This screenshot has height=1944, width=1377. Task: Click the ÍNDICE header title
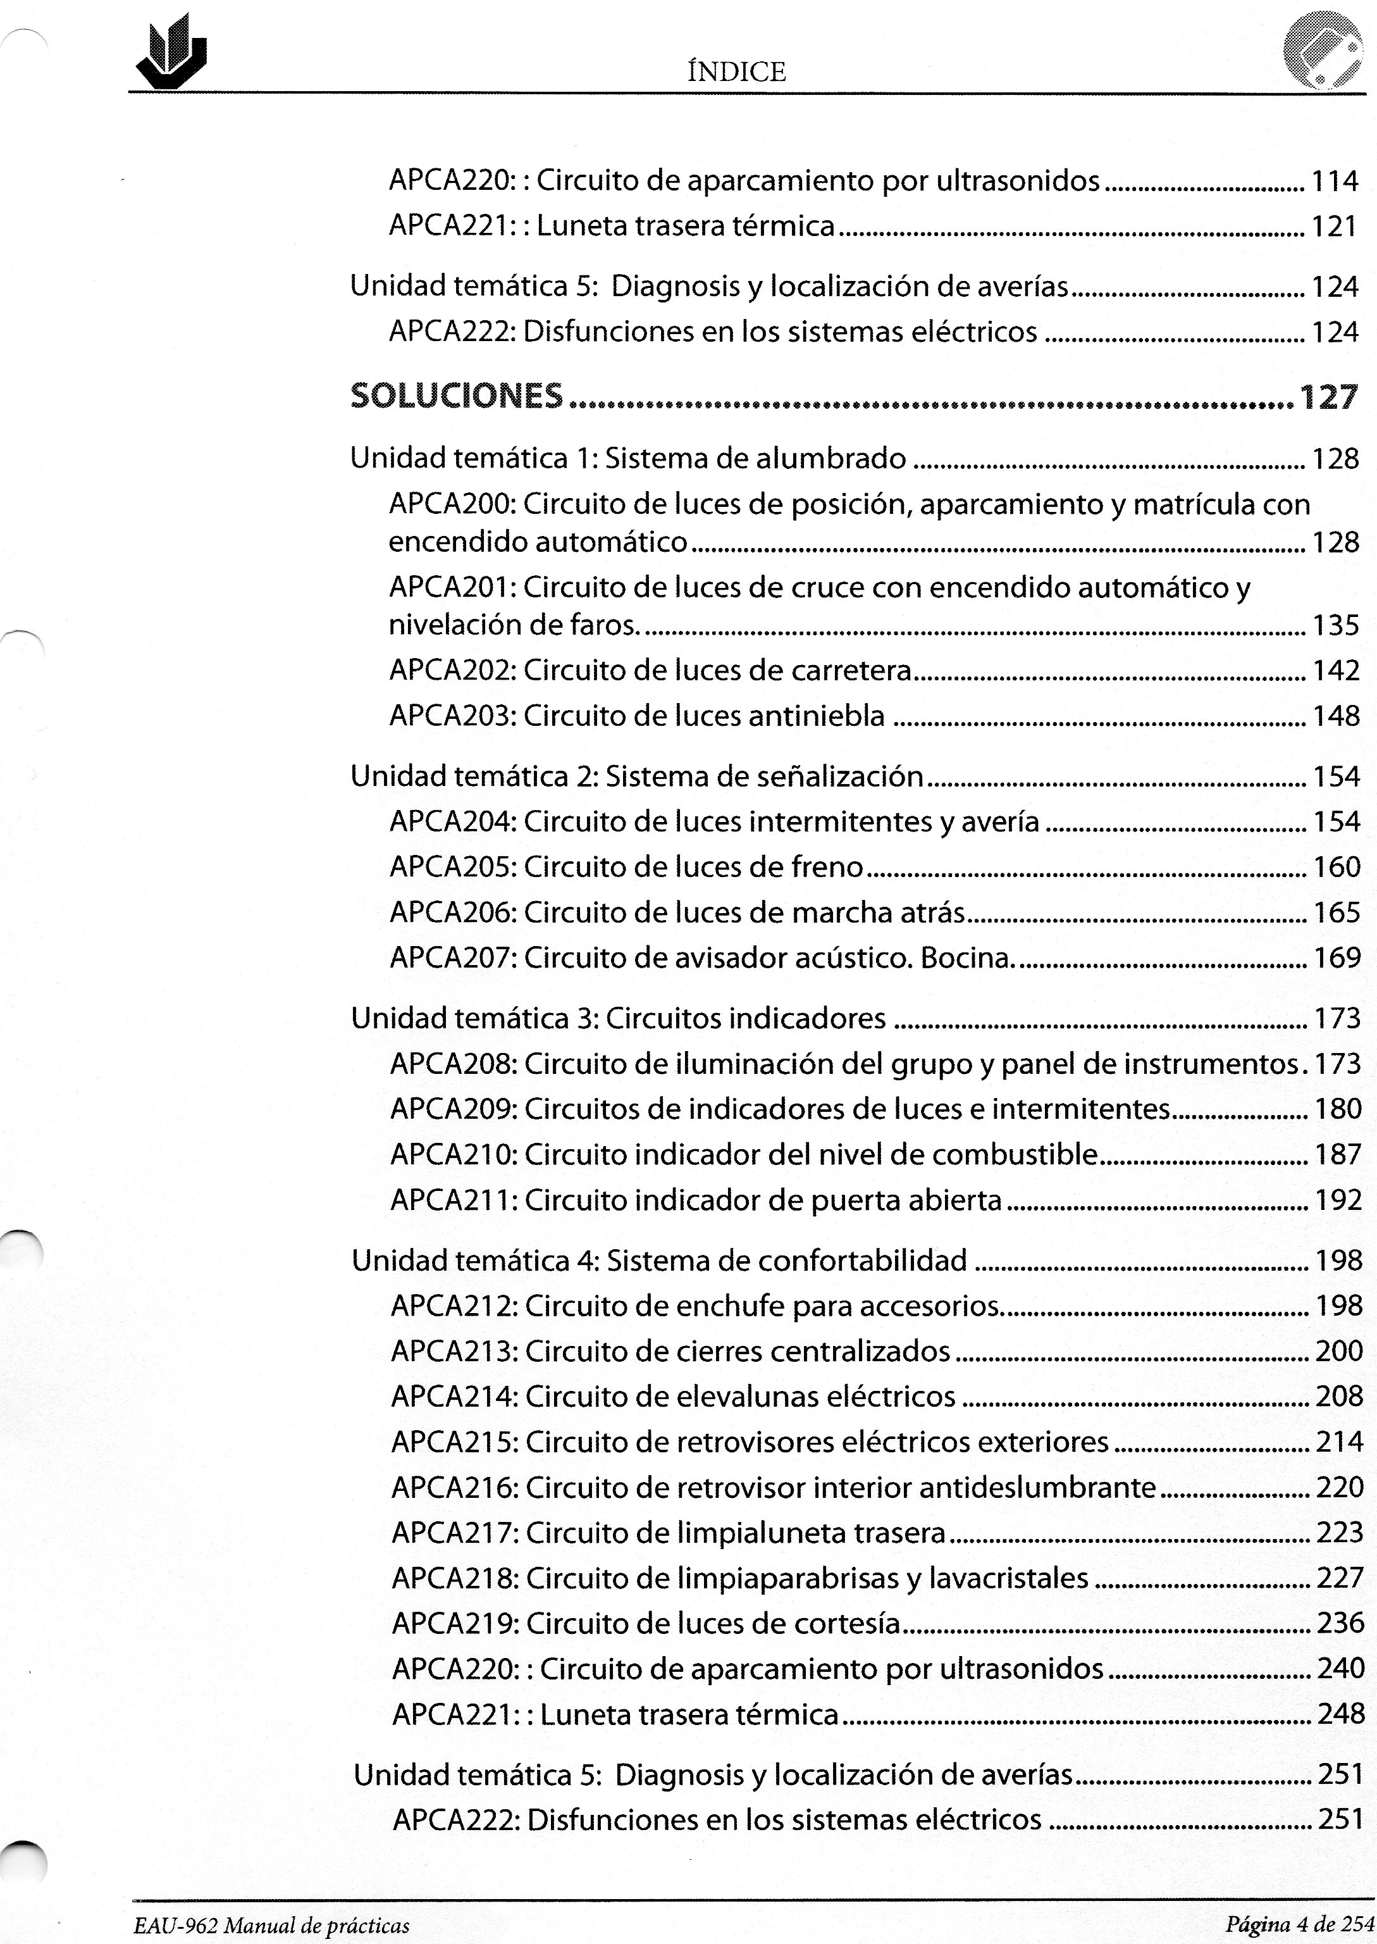click(x=736, y=72)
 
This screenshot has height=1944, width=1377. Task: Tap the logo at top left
click(x=173, y=53)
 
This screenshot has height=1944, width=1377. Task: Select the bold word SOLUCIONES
click(x=456, y=396)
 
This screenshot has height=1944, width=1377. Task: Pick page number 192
click(x=1338, y=1200)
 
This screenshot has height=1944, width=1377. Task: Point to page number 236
click(x=1340, y=1623)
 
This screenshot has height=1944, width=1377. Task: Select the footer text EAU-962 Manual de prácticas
click(x=271, y=1926)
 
